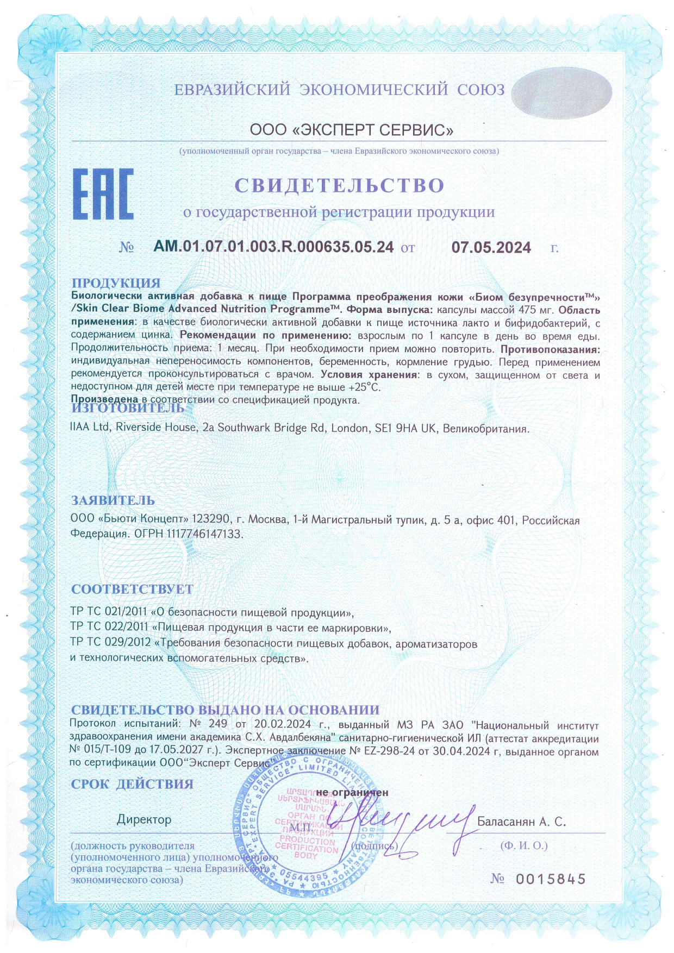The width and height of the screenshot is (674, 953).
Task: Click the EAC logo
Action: pyautogui.click(x=103, y=194)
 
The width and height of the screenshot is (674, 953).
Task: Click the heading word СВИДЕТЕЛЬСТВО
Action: pyautogui.click(x=339, y=185)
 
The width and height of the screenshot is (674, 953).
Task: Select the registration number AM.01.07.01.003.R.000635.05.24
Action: pyautogui.click(x=273, y=247)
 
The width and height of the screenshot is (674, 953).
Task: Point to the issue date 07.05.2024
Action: pyautogui.click(x=491, y=248)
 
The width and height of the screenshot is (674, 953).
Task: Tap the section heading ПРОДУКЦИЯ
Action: pyautogui.click(x=116, y=283)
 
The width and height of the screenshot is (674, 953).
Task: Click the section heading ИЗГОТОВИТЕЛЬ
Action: pyautogui.click(x=128, y=407)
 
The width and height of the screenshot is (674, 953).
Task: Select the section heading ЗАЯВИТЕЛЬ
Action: pyautogui.click(x=113, y=500)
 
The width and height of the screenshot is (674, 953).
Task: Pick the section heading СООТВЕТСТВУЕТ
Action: pyautogui.click(x=132, y=589)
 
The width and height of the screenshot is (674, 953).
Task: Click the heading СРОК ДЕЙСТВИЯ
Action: pyautogui.click(x=132, y=783)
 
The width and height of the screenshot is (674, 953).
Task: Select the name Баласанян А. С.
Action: pyautogui.click(x=521, y=822)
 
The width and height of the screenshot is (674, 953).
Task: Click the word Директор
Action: pyautogui.click(x=144, y=819)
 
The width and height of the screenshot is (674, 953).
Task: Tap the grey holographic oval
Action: pyautogui.click(x=561, y=92)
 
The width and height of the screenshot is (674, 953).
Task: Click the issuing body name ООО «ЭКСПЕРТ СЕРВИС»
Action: pyautogui.click(x=352, y=130)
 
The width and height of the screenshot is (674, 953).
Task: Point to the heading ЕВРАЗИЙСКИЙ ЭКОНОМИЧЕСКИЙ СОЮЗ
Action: pyautogui.click(x=339, y=90)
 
